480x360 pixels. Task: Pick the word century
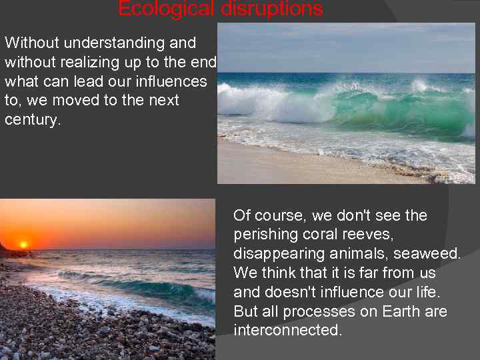(x=32, y=121)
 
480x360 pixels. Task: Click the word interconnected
(x=287, y=331)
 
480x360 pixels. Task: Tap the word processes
(x=322, y=312)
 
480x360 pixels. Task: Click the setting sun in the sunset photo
(x=24, y=245)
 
